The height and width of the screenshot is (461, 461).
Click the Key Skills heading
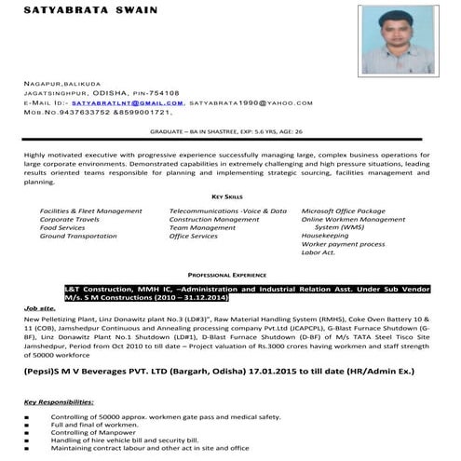coord(227,197)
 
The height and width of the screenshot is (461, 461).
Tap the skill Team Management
coord(202,227)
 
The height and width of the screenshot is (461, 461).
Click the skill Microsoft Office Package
coord(343,211)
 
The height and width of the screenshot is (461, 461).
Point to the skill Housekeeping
coord(325,237)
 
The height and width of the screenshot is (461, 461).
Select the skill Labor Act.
coord(318,252)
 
